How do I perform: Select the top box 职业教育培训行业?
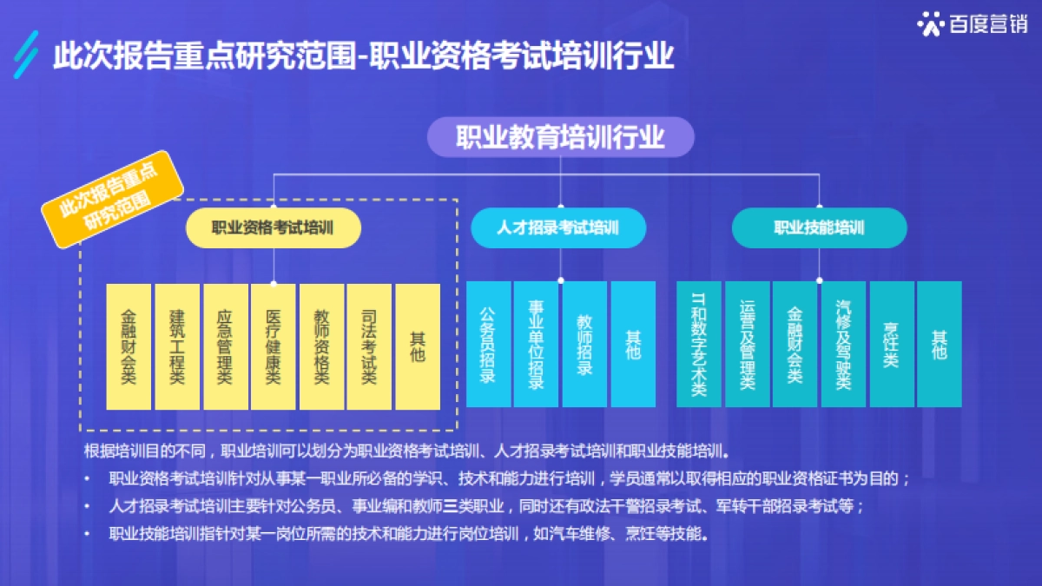(560, 137)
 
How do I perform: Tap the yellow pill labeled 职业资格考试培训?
(274, 228)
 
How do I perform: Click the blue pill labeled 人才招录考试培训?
(558, 228)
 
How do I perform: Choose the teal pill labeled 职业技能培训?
(819, 228)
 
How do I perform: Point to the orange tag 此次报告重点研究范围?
(113, 200)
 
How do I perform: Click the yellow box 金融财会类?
(129, 346)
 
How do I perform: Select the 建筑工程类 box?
(177, 346)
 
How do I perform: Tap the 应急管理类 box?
(225, 346)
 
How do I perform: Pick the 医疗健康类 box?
(274, 346)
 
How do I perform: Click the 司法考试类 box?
(369, 346)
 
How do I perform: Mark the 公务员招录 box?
(488, 344)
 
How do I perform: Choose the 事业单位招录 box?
(536, 344)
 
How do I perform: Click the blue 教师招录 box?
(584, 344)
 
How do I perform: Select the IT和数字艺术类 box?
(698, 344)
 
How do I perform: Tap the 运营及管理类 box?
(747, 344)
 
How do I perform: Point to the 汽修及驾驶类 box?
(843, 344)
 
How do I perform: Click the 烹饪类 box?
(891, 344)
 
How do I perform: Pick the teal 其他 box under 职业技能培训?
(940, 344)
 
